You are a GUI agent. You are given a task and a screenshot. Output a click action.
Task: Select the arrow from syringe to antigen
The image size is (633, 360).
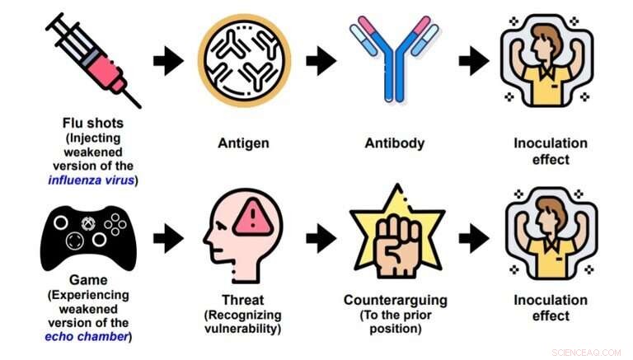coord(168,59)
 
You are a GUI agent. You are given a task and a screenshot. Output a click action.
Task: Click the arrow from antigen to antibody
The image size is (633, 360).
coord(320,59)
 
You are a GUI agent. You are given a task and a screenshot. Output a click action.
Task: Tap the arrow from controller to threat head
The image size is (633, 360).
coord(168,238)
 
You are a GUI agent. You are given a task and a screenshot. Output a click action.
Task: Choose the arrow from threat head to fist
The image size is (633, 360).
coord(320,238)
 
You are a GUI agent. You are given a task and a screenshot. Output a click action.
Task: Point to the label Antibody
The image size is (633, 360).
coord(394,143)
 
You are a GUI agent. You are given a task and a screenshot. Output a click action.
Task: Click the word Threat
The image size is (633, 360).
coord(242,300)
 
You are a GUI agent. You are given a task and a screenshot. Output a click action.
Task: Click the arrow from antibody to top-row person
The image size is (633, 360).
coord(473,59)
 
